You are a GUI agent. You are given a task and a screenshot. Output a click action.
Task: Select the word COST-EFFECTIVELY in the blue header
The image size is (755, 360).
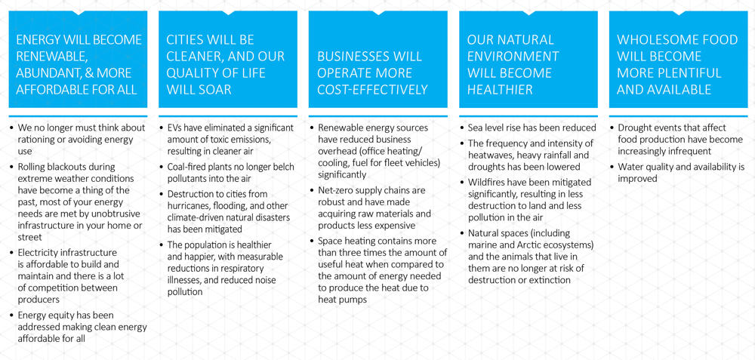[x=372, y=90]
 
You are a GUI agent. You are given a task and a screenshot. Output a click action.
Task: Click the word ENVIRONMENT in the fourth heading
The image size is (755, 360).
[x=513, y=57]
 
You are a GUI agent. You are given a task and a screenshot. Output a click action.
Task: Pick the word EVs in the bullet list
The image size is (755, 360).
[x=174, y=128]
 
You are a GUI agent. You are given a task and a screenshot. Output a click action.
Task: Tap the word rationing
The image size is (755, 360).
[x=36, y=140]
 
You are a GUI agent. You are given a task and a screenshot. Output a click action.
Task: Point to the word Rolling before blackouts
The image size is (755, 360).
[x=31, y=167]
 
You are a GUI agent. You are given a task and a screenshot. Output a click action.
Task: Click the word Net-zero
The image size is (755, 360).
[x=336, y=191]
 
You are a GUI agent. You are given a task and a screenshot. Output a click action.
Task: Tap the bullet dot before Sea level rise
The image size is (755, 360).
[x=464, y=128]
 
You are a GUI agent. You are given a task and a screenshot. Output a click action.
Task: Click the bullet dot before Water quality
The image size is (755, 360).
[x=612, y=168]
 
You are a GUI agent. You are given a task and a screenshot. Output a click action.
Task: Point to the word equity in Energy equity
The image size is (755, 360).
[x=58, y=315]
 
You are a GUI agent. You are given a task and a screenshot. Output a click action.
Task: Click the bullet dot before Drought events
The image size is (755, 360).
[x=612, y=128]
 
